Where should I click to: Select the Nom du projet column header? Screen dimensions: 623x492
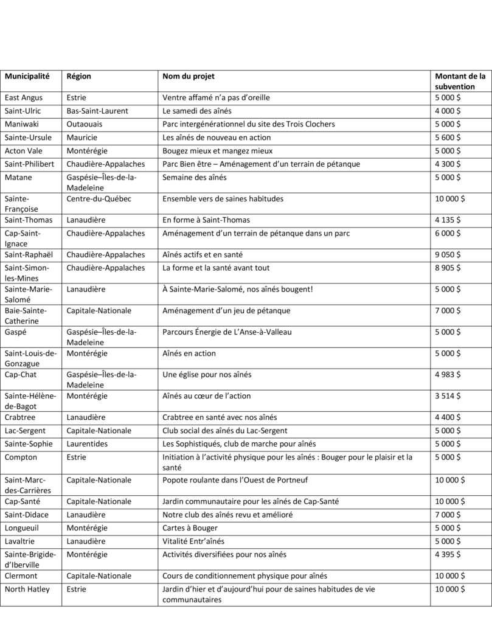189,77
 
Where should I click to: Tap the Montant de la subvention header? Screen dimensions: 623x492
460,82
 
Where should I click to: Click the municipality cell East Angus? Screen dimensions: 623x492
24,97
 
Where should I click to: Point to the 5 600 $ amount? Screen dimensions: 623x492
448,137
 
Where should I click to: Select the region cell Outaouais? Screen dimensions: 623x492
86,124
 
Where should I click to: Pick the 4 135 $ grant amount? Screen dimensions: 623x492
448,220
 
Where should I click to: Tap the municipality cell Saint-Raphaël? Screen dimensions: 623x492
29,255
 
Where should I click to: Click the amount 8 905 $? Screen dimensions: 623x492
448,268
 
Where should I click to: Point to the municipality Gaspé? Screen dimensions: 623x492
16,332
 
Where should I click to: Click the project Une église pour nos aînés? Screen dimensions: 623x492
207,375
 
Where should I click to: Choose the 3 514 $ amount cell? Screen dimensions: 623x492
448,396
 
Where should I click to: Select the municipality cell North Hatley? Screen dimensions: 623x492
27,589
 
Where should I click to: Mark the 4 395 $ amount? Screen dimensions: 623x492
448,554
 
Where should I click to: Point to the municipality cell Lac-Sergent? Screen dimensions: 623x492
26,431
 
